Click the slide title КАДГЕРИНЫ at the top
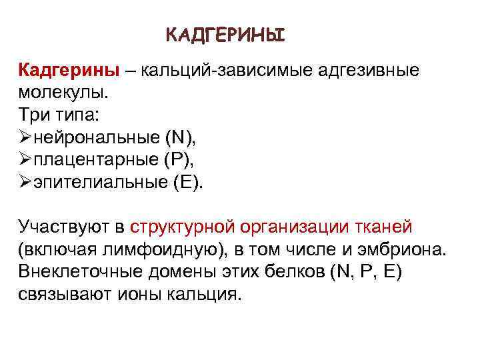tap(225, 34)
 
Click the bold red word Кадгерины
tap(69, 70)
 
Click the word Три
tap(35, 115)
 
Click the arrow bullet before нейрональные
tap(26, 137)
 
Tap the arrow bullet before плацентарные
tap(26, 160)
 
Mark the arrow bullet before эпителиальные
tap(26, 183)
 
